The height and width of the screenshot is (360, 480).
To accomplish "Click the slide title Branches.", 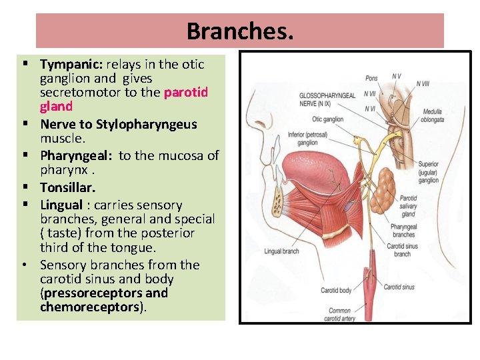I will (x=239, y=31).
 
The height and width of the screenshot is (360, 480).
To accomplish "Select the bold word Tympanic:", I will (x=70, y=65).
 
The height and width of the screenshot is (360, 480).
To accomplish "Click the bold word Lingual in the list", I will (x=61, y=205).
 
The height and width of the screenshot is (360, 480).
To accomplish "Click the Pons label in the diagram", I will (x=371, y=79).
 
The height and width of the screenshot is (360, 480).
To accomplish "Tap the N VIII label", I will (x=423, y=83).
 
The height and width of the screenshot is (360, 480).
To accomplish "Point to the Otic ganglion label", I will (x=327, y=120).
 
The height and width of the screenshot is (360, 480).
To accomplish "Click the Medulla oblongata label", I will (x=433, y=116).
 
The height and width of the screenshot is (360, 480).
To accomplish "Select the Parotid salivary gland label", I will (x=408, y=206).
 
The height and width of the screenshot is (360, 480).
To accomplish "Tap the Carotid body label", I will (x=336, y=291).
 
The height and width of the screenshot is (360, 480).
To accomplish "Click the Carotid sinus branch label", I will (x=402, y=250).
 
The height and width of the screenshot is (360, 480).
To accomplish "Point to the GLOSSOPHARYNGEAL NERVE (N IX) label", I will (x=327, y=98).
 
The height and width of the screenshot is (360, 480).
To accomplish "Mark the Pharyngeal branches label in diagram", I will (x=404, y=231).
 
